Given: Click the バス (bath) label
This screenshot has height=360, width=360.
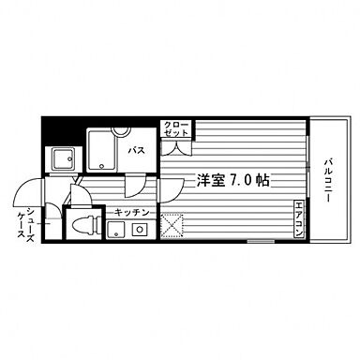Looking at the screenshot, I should [x=136, y=150].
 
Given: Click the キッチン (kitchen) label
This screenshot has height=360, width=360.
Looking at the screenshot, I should [x=132, y=213].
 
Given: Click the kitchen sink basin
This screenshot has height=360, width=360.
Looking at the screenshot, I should [x=116, y=231].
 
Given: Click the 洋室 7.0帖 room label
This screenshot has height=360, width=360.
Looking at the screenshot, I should [x=232, y=179].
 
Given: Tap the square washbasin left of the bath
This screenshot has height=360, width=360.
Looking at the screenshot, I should [x=64, y=159].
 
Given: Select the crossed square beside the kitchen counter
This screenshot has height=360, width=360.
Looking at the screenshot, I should [x=172, y=227].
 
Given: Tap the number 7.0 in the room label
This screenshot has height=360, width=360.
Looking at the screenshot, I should [x=246, y=179].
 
